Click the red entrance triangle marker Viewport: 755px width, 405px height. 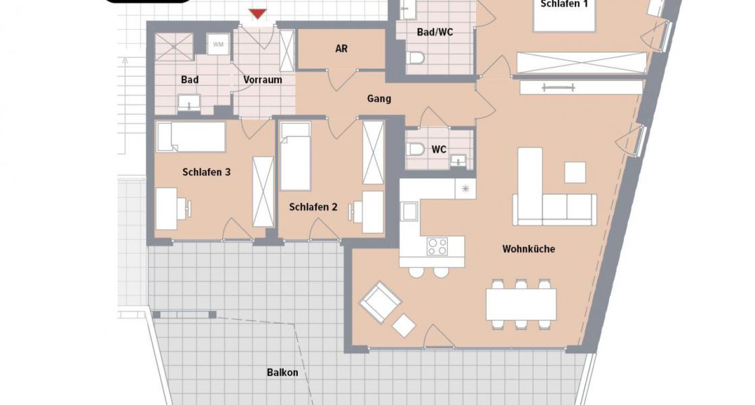(x=257, y=13)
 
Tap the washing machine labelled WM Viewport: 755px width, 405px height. (x=218, y=45)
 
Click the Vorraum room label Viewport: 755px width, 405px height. (x=263, y=80)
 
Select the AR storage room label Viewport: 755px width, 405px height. (x=342, y=49)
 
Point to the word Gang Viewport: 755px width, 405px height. (x=379, y=99)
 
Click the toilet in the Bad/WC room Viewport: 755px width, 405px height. (x=415, y=59)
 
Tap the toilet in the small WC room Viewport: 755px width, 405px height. (x=415, y=149)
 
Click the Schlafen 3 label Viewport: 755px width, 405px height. (x=207, y=172)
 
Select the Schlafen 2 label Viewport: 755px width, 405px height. (x=313, y=207)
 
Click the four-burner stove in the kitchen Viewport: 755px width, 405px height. (x=437, y=247)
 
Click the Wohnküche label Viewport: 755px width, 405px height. (x=529, y=249)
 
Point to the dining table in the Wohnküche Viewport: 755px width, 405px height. (x=521, y=304)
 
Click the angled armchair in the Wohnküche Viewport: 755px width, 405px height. (x=380, y=302)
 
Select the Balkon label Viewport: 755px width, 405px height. (x=283, y=373)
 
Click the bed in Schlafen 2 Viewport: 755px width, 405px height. (x=296, y=157)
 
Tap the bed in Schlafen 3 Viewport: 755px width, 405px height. (x=191, y=137)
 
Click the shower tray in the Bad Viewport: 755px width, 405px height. (x=174, y=47)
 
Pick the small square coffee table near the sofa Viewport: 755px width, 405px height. (x=575, y=172)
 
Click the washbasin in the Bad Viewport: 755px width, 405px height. (x=189, y=103)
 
